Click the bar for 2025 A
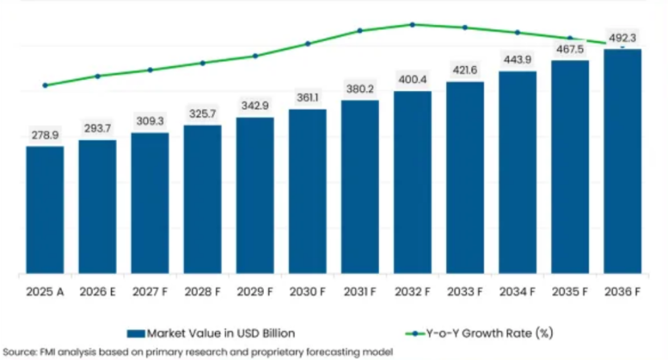coord(45,210)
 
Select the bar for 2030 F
coord(307,191)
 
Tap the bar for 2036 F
coord(622,161)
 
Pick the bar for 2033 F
coord(465,177)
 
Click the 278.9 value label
coord(45,135)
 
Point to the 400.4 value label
coord(412,80)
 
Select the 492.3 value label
coord(622,38)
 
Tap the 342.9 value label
coord(255,106)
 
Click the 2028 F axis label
coord(202,292)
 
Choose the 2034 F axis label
coord(517,292)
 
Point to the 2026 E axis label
coord(97,292)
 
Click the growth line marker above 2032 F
coord(412,25)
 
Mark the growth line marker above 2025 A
coord(45,85)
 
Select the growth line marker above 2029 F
coord(255,56)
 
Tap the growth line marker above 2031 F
coord(360,31)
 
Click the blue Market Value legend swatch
coord(136,333)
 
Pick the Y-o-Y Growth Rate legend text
coord(490,333)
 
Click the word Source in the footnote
coord(19,352)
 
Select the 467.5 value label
coord(570,49)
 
